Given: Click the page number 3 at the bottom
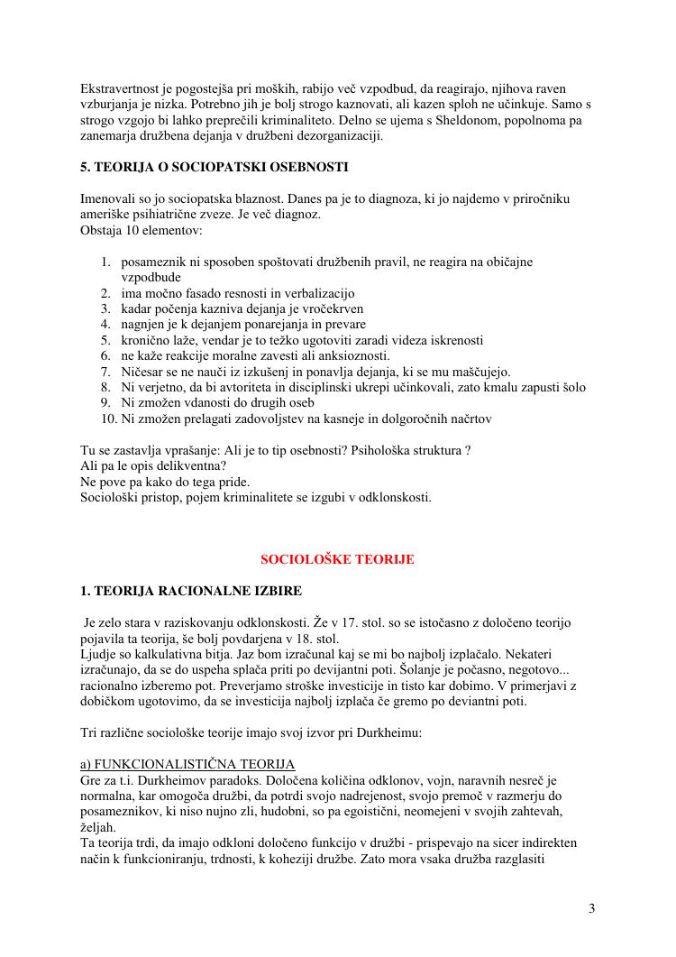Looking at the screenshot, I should pyautogui.click(x=591, y=908).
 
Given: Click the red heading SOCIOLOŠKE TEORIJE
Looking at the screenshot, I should pyautogui.click(x=337, y=559).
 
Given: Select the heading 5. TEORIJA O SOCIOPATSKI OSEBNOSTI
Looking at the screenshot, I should pyautogui.click(x=215, y=167).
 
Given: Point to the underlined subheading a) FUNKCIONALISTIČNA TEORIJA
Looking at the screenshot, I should pyautogui.click(x=187, y=764).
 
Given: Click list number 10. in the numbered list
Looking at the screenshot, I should pyautogui.click(x=108, y=419).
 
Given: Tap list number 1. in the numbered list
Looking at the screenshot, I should pyautogui.click(x=105, y=262).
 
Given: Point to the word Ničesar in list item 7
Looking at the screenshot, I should pyautogui.click(x=142, y=372).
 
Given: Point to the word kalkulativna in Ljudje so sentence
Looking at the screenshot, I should pyautogui.click(x=169, y=653).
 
